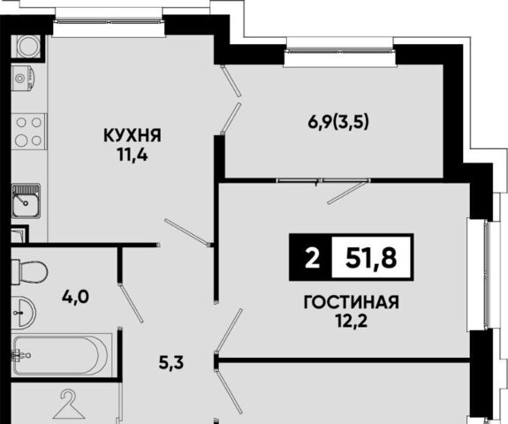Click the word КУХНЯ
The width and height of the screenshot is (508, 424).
[133, 136]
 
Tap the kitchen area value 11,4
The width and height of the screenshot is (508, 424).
[133, 155]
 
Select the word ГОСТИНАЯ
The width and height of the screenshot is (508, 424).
[352, 302]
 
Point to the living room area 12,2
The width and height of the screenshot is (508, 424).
[352, 322]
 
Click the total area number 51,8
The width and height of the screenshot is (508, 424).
[371, 258]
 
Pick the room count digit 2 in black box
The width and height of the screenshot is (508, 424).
[312, 258]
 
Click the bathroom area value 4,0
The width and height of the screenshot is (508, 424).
[75, 298]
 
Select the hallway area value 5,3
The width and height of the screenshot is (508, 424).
[171, 363]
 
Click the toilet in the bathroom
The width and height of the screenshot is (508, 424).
[29, 271]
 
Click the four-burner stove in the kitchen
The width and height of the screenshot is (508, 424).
[29, 132]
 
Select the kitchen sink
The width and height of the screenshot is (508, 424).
[26, 201]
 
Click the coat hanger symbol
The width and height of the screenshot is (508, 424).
[69, 405]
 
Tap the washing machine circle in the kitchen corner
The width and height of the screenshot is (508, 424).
[28, 46]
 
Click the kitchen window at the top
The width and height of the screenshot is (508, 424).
[110, 22]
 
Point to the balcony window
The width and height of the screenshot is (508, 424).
[340, 50]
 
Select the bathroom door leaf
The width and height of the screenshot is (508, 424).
[131, 303]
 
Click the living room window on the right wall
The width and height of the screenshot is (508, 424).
[485, 275]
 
